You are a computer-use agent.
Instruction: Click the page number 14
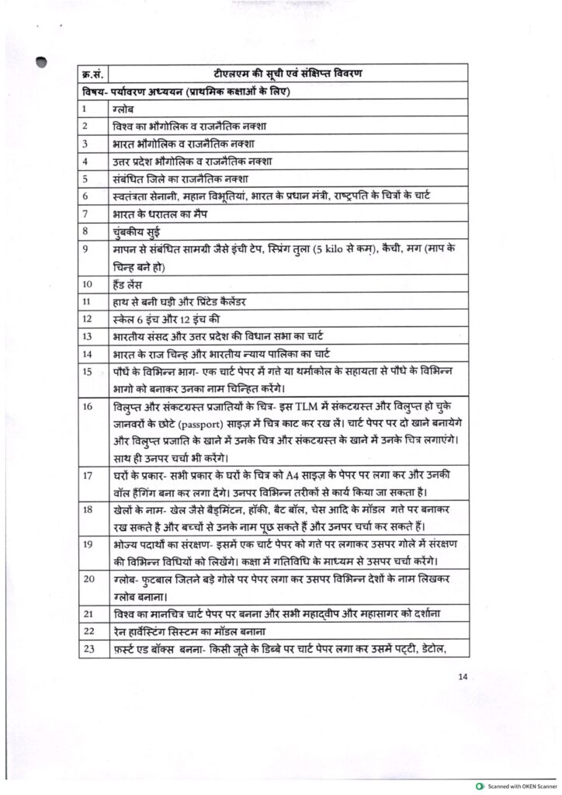tap(463, 676)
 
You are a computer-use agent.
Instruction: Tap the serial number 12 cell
tap(85, 318)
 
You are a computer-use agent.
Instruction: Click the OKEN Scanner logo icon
tap(481, 786)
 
